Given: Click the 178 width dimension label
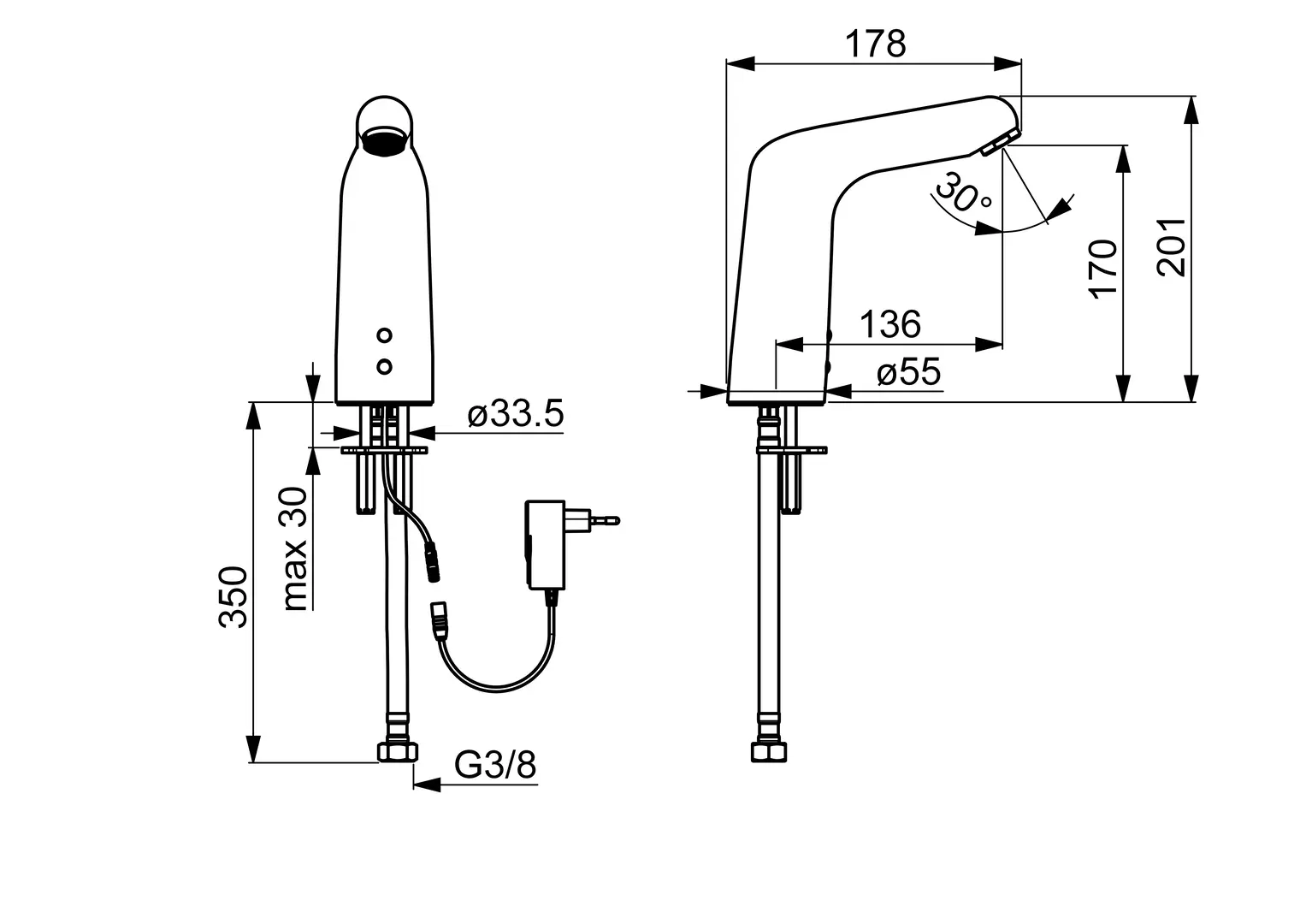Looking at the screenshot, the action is [875, 44].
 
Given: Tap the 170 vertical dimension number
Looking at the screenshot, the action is [1103, 269].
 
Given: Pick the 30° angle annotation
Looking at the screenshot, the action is [962, 192].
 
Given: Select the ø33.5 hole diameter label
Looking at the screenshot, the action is [516, 413].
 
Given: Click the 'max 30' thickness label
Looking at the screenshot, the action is [296, 549].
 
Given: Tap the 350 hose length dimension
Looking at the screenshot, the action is [233, 597].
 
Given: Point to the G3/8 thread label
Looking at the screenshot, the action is [495, 765].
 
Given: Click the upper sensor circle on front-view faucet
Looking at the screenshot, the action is [384, 335].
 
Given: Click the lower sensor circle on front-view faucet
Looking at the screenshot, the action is [384, 367].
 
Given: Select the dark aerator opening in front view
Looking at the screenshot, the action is [384, 142].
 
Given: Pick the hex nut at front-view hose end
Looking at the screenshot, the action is [398, 752].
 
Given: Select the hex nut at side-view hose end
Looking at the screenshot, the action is [769, 752].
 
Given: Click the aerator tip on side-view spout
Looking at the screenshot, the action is [1001, 142].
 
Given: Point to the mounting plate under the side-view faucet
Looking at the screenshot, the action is [792, 450].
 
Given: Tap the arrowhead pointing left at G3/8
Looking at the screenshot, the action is [426, 785].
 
